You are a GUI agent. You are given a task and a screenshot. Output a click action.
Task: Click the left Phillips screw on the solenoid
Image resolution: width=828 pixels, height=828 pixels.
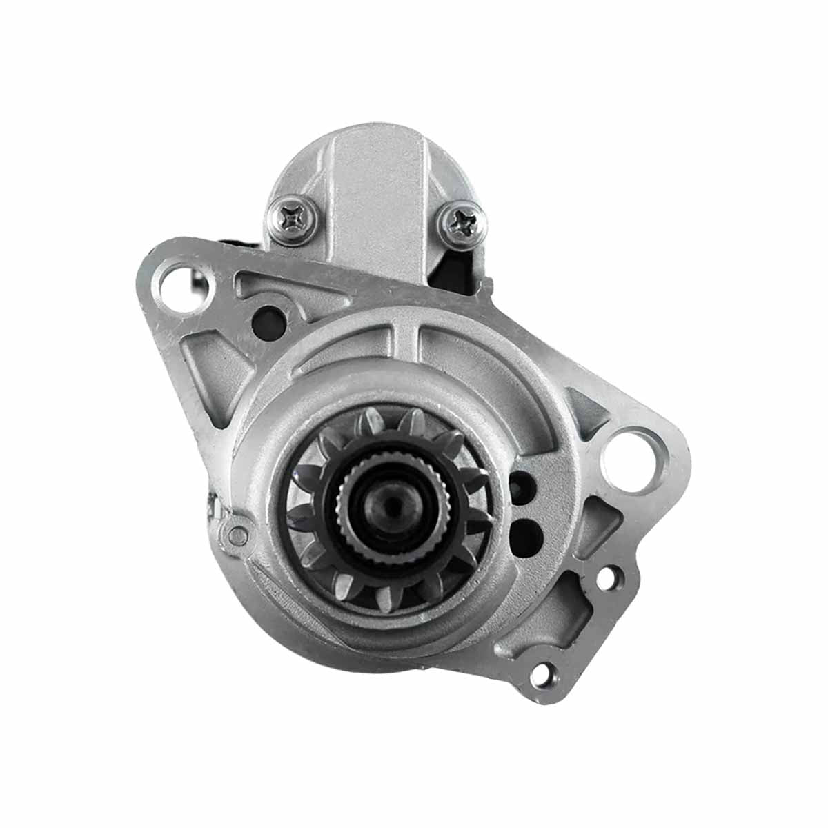pyautogui.click(x=290, y=219)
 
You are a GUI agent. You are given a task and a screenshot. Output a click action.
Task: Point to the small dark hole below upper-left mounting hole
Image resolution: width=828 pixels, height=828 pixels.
pyautogui.click(x=266, y=320)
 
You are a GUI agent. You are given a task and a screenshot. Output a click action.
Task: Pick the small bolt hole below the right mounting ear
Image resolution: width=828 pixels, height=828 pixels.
pyautogui.click(x=608, y=578)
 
